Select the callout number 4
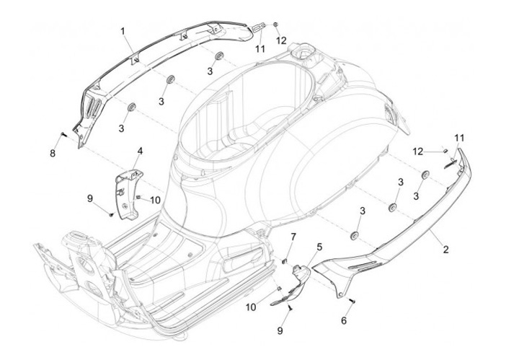140,152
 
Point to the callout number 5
319,247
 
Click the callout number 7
293,237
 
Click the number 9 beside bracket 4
90,197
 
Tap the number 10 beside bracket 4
155,199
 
